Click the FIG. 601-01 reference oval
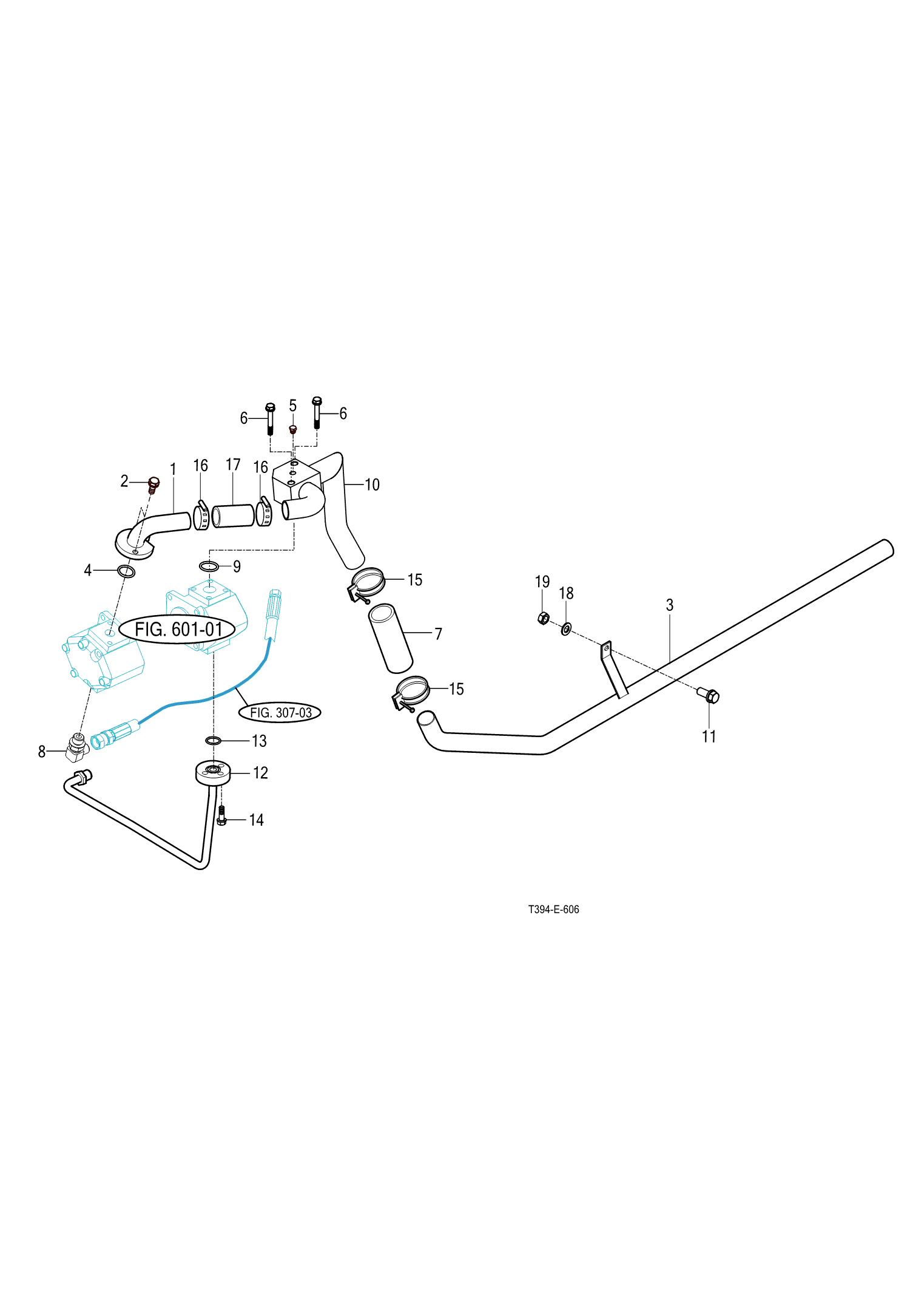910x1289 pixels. [177, 630]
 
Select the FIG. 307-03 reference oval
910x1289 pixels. [280, 712]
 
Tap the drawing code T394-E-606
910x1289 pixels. [553, 910]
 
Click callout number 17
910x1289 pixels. [233, 465]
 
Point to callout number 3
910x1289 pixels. [670, 605]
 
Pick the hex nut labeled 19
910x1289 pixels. [544, 619]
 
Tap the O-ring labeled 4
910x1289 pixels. [126, 571]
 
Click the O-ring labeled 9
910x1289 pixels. [209, 566]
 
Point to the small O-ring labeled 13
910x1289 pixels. [213, 740]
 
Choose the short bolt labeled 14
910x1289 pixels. [221, 817]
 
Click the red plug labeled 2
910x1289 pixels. [153, 485]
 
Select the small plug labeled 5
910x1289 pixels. [292, 429]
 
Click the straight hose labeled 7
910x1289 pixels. [390, 638]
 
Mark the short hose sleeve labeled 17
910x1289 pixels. [233, 516]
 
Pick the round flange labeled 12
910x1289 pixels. [213, 773]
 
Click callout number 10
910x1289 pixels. [372, 485]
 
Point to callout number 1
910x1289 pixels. [173, 469]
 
